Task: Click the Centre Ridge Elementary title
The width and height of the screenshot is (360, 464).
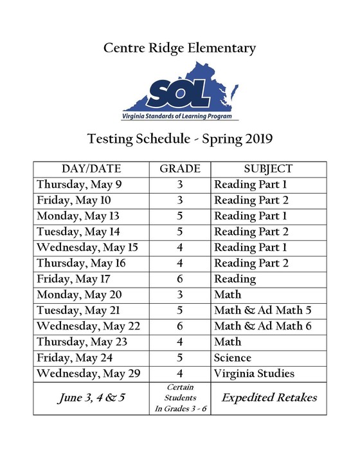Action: [x=179, y=48]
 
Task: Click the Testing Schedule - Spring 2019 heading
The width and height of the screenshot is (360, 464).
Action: [x=179, y=138]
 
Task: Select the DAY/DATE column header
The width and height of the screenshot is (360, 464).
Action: [x=91, y=169]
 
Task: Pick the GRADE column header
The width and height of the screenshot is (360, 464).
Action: [x=179, y=169]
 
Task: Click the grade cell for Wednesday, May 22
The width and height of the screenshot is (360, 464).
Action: [x=179, y=326]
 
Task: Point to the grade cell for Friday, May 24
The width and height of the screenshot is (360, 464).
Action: [x=179, y=358]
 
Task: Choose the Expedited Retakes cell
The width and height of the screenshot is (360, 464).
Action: [x=269, y=398]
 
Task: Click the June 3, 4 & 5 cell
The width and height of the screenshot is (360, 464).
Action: [x=91, y=398]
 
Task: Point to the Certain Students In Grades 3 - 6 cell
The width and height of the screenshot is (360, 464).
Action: [x=179, y=398]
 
